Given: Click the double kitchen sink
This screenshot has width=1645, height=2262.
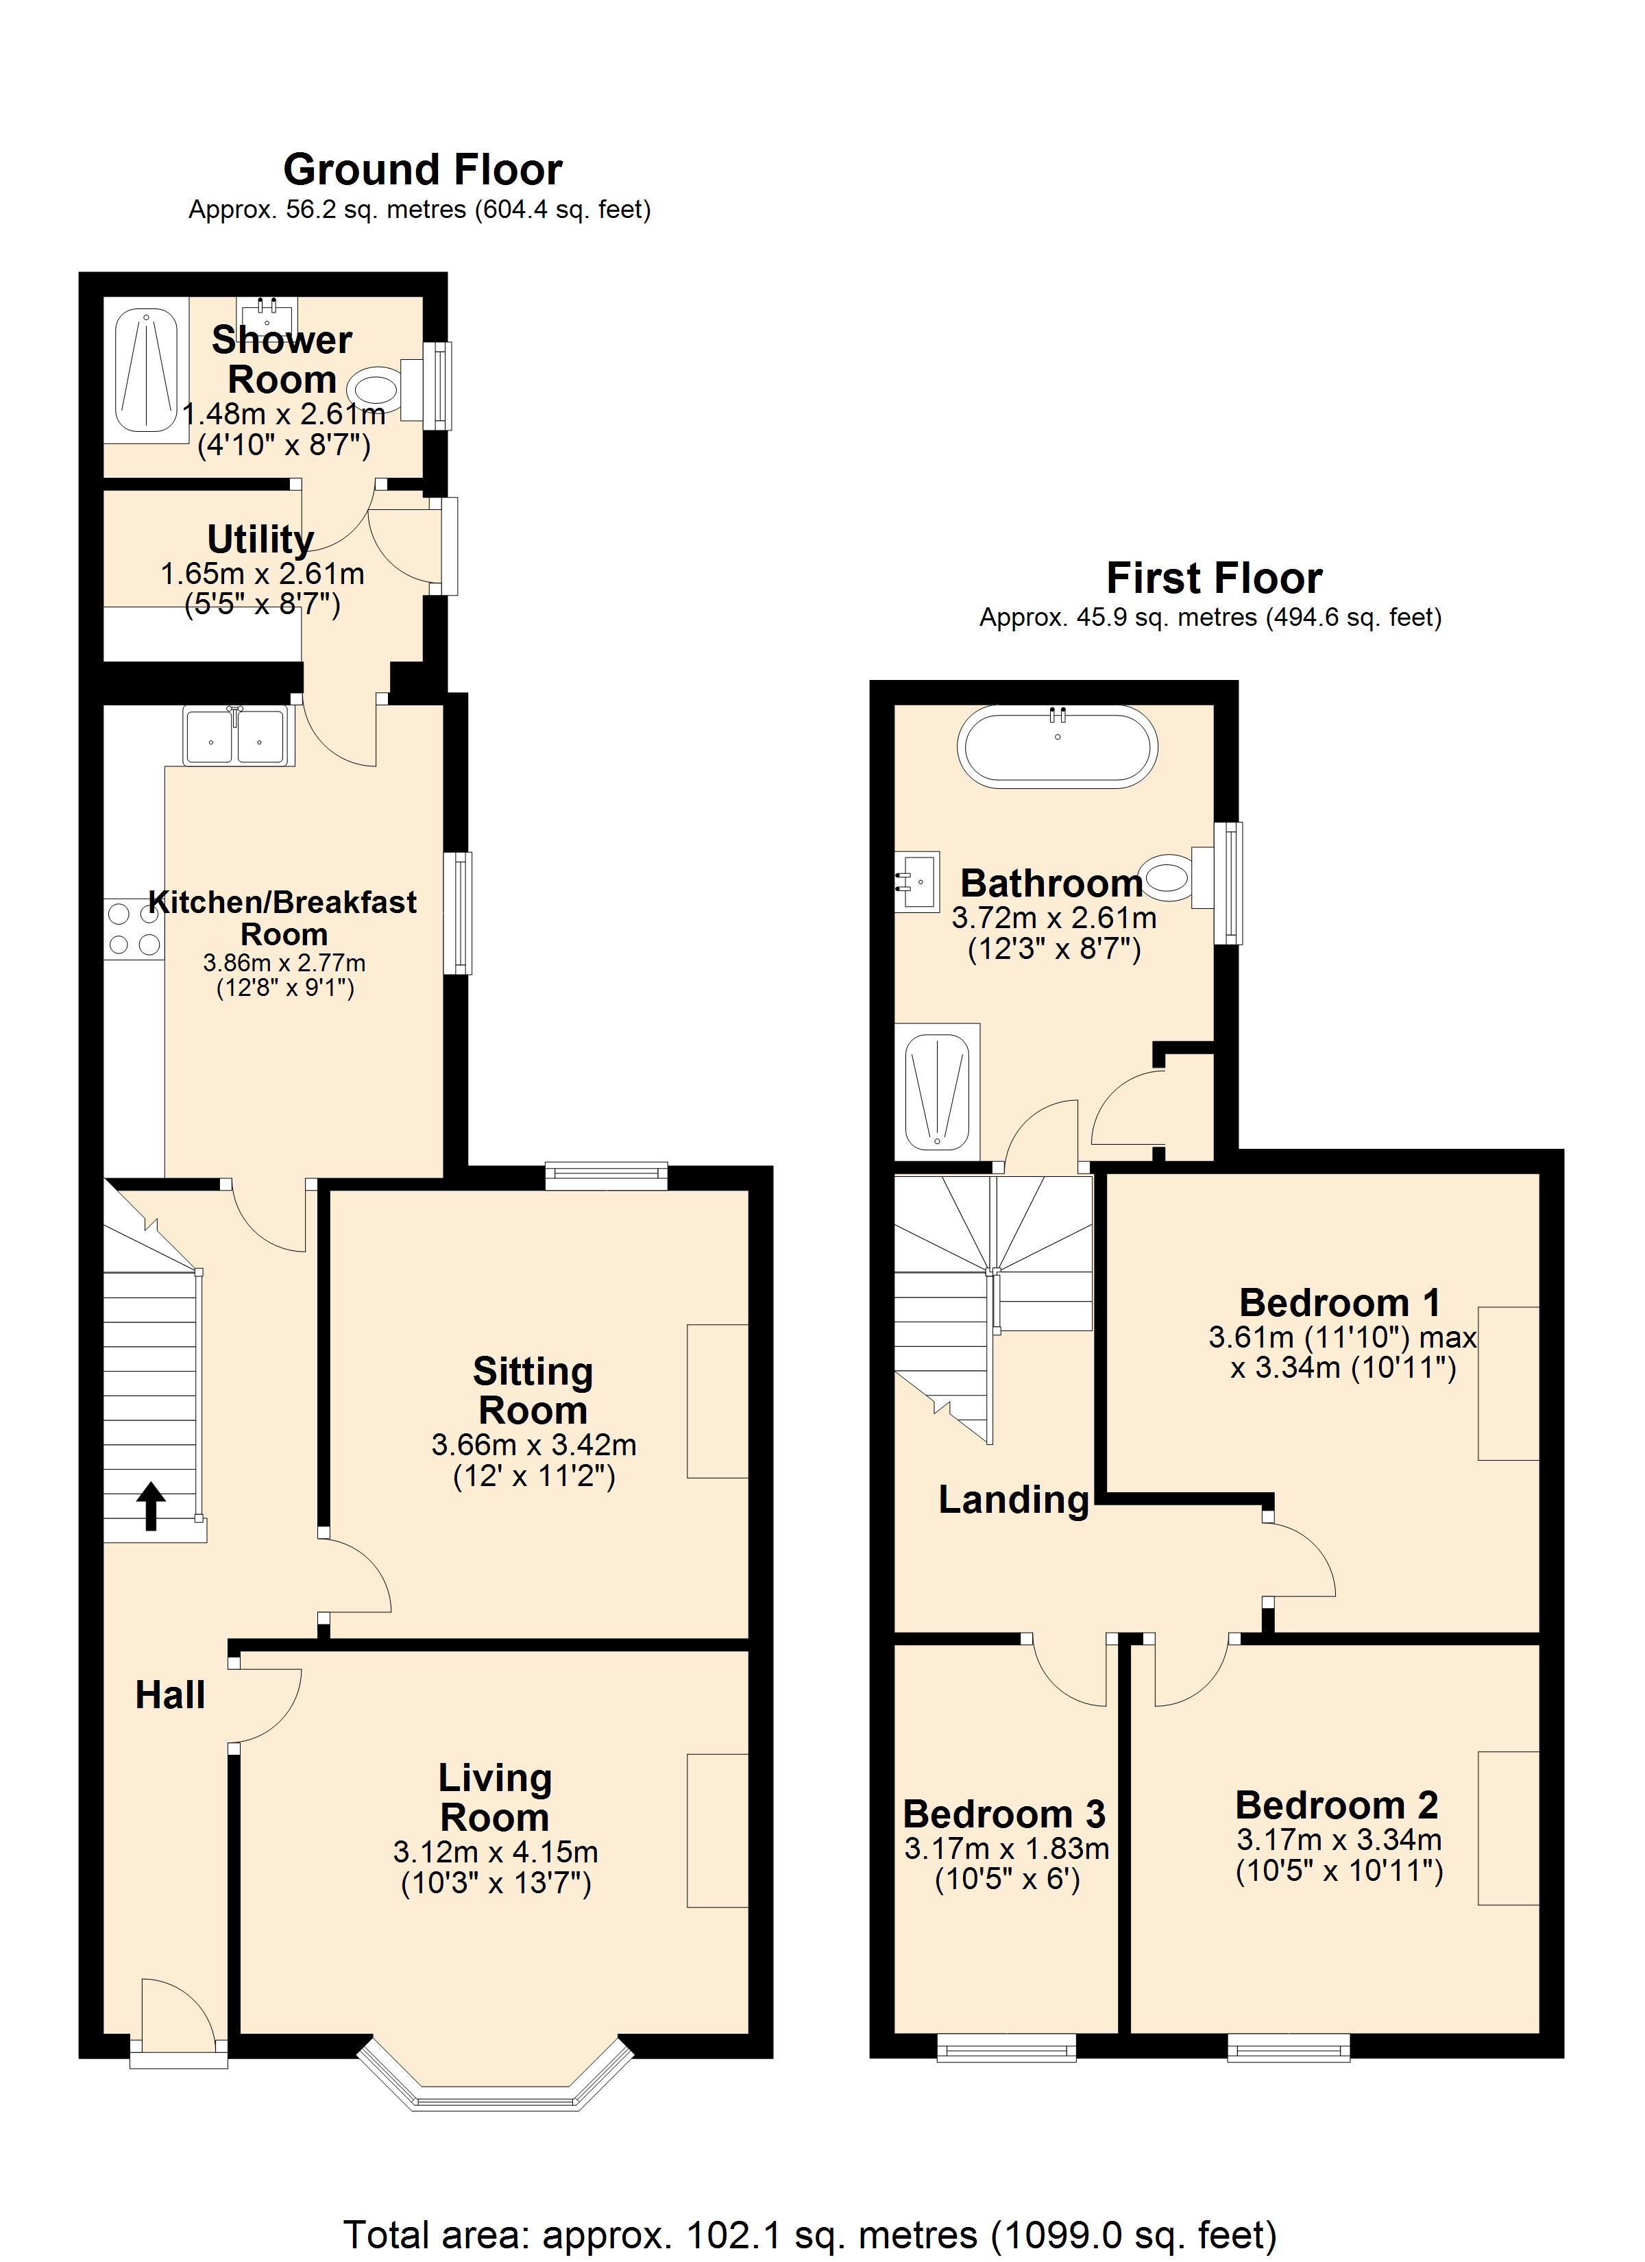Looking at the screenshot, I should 236,736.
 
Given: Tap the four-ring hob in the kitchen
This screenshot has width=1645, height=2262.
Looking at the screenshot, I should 134,929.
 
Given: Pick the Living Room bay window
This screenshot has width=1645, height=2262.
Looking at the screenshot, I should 496,2080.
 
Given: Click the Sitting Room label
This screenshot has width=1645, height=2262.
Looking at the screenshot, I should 533,1390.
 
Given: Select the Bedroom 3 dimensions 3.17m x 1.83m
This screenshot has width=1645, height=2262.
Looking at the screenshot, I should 1007,1848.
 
